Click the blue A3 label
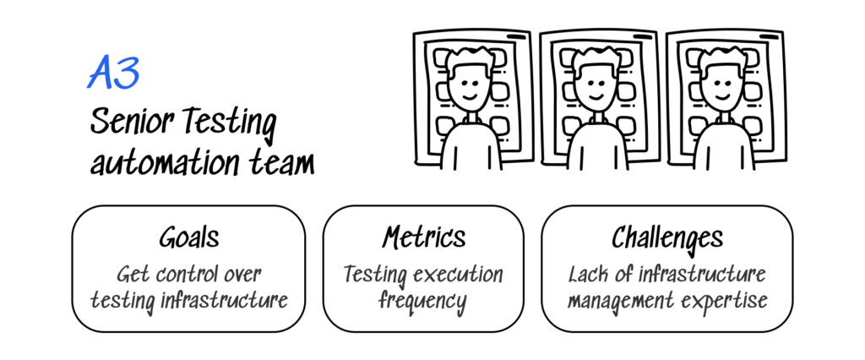point(113,74)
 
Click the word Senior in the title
point(129,123)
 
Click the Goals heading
point(188,238)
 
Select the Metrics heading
point(423,238)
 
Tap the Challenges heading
point(666,238)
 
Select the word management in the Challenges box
point(623,300)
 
